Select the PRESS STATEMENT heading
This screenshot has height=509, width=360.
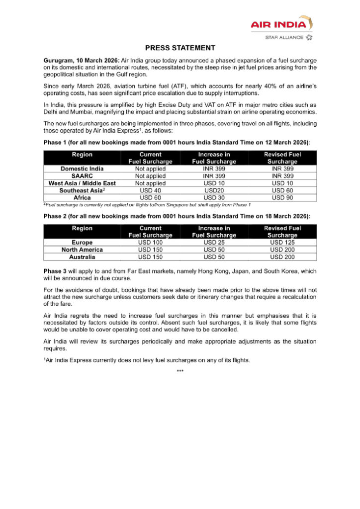[180, 48]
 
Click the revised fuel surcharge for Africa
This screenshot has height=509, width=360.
[282, 197]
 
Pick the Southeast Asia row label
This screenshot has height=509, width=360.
[82, 190]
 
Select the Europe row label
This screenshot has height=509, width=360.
[82, 243]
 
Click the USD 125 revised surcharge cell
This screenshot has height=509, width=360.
[282, 243]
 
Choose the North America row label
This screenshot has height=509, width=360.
[82, 250]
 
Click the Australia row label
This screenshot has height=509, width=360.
[82, 257]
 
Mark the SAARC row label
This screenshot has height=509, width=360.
[82, 176]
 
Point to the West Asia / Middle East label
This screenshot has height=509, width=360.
[82, 183]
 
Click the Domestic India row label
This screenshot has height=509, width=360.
[82, 169]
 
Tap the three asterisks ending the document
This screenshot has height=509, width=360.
[180, 371]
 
